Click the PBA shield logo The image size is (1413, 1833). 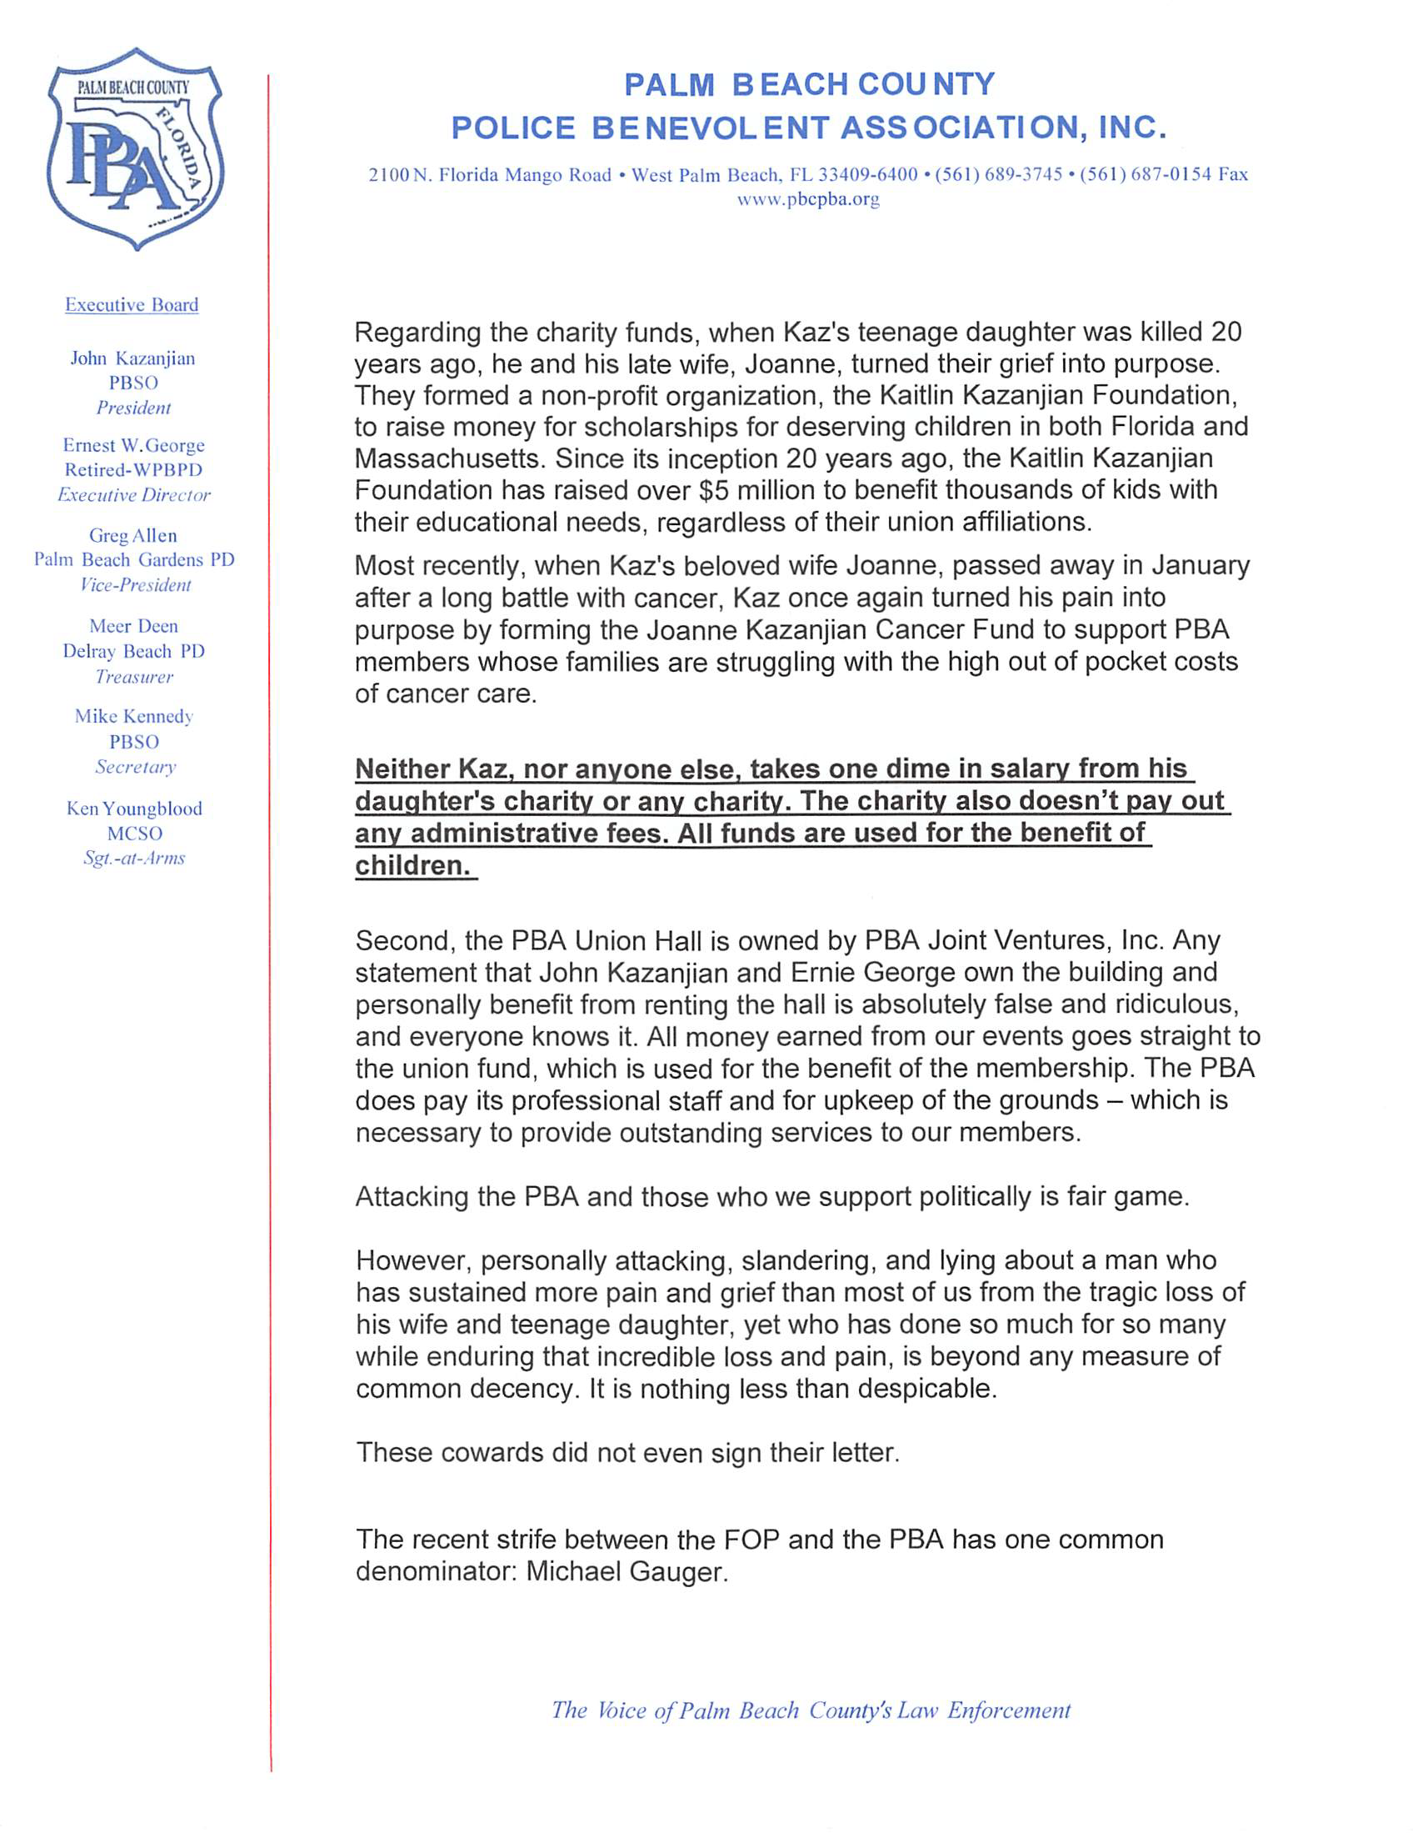tap(134, 149)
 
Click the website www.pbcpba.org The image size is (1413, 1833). tap(808, 200)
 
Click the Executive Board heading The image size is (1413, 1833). tap(132, 304)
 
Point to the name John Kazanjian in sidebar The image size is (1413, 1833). tap(132, 358)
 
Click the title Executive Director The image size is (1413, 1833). tap(133, 495)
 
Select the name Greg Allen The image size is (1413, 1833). tap(132, 535)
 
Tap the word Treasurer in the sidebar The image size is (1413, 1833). tap(133, 677)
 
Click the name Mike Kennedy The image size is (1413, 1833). tap(133, 717)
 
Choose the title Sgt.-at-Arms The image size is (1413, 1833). tap(133, 858)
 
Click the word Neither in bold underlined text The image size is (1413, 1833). tap(402, 769)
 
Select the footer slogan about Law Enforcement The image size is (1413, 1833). tap(811, 1710)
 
